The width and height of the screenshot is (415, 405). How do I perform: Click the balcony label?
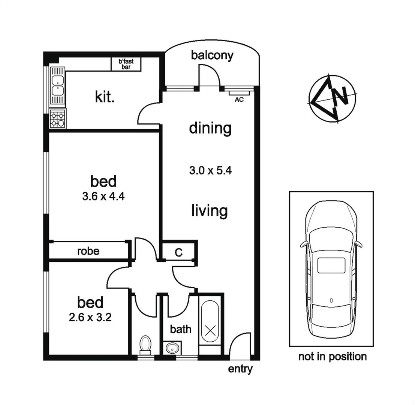212,55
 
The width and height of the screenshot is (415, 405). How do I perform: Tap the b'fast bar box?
126,64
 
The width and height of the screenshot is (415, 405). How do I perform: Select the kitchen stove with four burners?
57,119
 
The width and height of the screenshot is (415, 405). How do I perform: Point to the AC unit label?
238,100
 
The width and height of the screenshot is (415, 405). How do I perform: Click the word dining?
210,128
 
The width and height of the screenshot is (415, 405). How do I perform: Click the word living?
209,210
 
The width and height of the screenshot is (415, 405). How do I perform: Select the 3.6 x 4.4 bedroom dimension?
103,196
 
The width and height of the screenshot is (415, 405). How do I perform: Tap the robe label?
88,251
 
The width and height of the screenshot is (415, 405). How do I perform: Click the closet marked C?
179,252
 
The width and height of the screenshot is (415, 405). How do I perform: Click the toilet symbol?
145,344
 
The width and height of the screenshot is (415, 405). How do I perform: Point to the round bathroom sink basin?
172,348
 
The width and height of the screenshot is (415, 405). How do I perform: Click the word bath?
181,329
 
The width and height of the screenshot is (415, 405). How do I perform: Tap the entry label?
240,369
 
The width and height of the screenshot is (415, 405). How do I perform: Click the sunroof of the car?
331,265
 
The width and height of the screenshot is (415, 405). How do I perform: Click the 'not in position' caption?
332,356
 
